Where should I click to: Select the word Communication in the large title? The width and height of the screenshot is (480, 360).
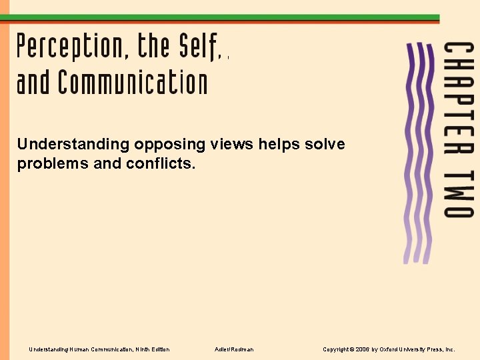coord(133,83)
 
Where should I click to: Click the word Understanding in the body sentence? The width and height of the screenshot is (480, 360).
coord(73,144)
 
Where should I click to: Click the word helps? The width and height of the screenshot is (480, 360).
coord(279,144)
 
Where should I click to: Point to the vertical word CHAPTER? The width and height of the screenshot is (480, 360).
coord(459,94)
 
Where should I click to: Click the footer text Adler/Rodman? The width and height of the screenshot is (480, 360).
coord(234,349)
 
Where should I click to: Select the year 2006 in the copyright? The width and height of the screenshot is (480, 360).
coord(363,349)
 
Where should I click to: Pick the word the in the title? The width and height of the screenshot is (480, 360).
coord(155,46)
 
